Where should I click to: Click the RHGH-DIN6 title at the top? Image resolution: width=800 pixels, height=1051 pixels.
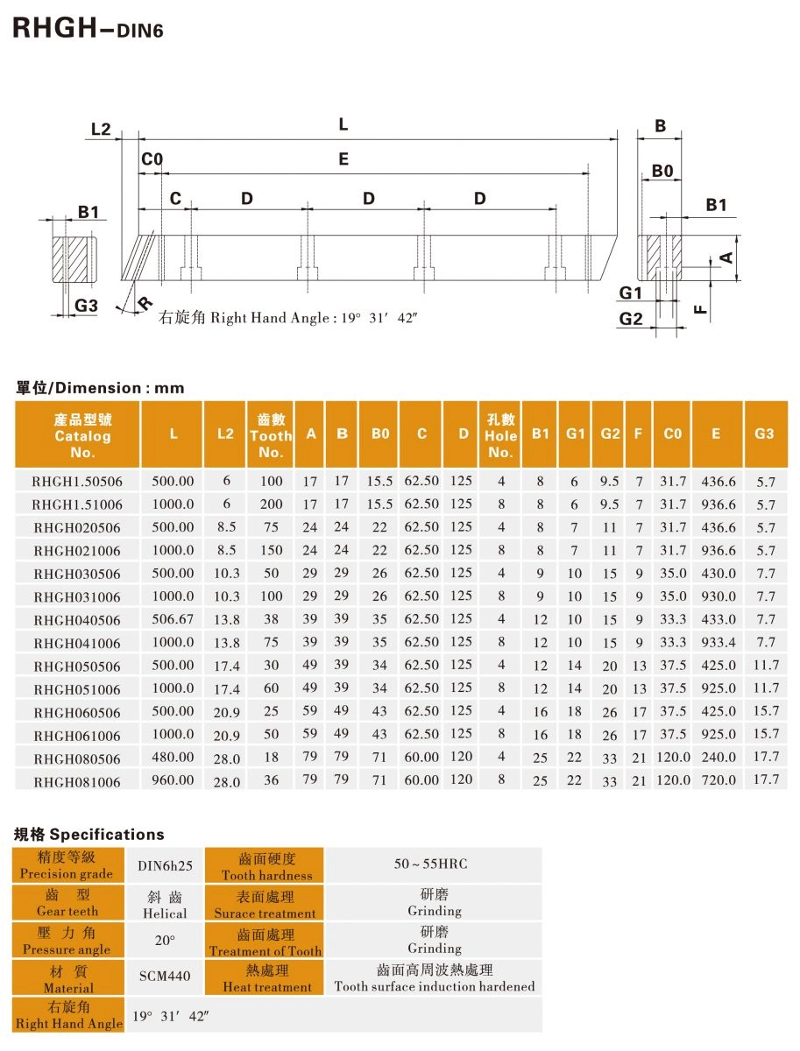tap(76, 29)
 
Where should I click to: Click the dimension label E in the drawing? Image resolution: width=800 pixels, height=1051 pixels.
tap(343, 159)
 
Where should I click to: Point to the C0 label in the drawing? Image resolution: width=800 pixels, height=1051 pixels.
tap(152, 159)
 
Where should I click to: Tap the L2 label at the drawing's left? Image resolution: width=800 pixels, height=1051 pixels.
tap(101, 129)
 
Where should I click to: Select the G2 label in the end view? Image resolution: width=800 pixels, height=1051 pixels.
tap(631, 319)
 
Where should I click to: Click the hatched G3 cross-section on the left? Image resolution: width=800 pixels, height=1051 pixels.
tap(73, 259)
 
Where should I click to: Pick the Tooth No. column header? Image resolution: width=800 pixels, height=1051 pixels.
tap(271, 435)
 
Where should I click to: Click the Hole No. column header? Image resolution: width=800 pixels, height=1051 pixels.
tap(500, 435)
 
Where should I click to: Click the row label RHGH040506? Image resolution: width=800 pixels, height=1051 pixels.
tap(77, 619)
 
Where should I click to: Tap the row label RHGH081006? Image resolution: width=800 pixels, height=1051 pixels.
tap(77, 780)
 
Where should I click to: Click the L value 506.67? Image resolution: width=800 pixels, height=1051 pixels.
tap(173, 618)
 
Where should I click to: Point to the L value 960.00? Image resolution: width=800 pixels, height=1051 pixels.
tap(173, 779)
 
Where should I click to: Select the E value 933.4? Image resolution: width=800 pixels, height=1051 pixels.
tap(719, 642)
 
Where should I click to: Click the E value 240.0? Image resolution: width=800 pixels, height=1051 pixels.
tap(719, 757)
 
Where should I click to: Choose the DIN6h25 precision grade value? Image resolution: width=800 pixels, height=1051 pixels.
tap(165, 865)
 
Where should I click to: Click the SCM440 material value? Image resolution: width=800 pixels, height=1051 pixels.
tap(165, 976)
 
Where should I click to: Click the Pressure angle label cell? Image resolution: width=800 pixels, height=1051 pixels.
tap(67, 942)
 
